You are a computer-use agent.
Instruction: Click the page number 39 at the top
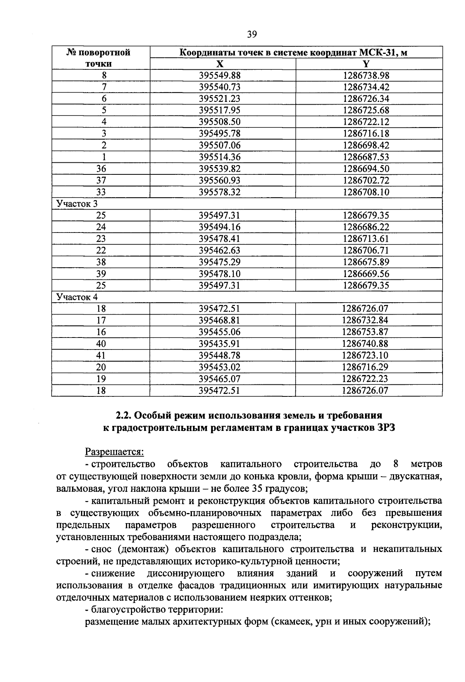pos(251,34)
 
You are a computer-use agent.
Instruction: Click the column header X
pos(220,64)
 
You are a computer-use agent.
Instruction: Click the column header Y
pos(366,64)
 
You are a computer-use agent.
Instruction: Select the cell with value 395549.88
pos(220,76)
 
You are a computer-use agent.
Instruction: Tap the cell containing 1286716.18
pos(366,134)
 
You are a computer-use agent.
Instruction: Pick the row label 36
pos(101,169)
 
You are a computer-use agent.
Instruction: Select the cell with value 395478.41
pos(220,239)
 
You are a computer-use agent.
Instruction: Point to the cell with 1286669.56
pos(366,274)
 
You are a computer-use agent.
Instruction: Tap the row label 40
pos(101,344)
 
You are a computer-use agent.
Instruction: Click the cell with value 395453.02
pos(220,367)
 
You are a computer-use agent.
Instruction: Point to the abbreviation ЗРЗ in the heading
pos(383,428)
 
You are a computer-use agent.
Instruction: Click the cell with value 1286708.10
pos(366,192)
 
